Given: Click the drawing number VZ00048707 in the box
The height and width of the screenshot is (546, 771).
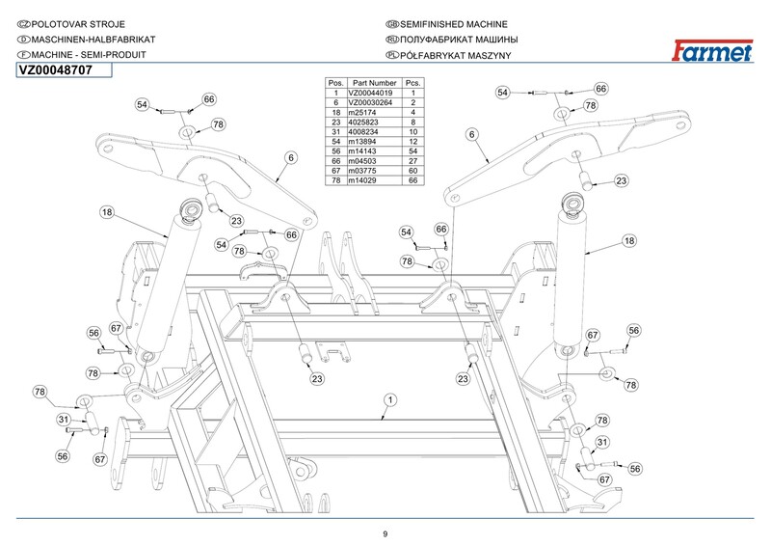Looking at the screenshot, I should pos(56,70).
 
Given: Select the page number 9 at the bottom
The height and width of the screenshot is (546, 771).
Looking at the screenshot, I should pos(385,534).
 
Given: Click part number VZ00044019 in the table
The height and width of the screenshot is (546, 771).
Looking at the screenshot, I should pos(374,93).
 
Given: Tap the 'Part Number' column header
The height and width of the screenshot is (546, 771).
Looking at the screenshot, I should pos(375,83).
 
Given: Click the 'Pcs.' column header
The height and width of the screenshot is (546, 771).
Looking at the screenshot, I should pos(412,83).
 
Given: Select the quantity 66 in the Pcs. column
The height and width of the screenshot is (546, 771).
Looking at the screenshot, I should pos(412,180).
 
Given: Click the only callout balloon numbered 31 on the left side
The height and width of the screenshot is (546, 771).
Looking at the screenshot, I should pos(62,420).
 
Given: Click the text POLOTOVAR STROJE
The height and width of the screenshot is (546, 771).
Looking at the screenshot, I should pos(77,23).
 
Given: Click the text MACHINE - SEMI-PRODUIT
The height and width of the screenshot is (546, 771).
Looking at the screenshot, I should pos(89,56).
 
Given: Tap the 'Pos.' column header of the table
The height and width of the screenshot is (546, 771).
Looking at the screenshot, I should pos(336,83).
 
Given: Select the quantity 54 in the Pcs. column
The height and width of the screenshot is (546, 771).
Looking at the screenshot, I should pos(412,151).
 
